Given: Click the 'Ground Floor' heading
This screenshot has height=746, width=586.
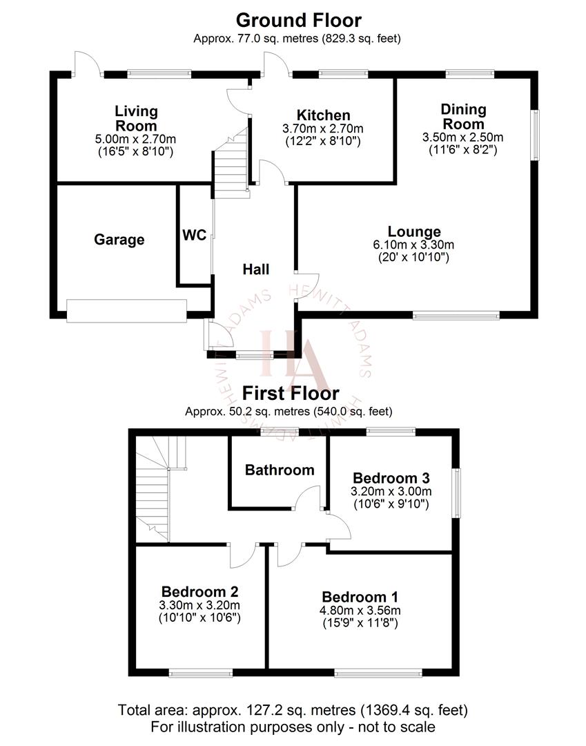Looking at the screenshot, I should (x=298, y=20).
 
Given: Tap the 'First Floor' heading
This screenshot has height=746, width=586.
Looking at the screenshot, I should (x=290, y=394).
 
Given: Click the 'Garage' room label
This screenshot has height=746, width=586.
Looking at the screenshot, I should (x=119, y=240).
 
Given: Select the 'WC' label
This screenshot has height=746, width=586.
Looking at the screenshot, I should (x=194, y=236).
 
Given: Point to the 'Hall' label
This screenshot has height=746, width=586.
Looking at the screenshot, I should (x=255, y=270).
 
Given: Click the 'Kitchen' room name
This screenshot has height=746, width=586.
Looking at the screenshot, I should (x=323, y=115).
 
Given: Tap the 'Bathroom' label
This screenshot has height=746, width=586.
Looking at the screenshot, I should (x=280, y=470).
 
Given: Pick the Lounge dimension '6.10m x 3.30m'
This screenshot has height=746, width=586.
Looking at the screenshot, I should (x=414, y=245).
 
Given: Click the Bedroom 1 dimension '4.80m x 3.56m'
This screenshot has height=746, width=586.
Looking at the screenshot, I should (x=360, y=611).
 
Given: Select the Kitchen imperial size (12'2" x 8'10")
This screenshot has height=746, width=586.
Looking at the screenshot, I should (x=323, y=141).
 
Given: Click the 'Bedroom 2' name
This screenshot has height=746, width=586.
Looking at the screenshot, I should (x=200, y=591).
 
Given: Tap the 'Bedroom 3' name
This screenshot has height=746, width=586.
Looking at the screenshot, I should (x=391, y=478).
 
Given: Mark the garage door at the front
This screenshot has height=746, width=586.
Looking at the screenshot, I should (x=126, y=311).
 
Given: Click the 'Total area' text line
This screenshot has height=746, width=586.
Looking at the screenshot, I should (x=293, y=709).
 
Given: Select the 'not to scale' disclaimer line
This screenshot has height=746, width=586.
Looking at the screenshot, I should (x=293, y=727).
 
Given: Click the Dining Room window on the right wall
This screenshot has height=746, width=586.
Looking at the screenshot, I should (x=534, y=135).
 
